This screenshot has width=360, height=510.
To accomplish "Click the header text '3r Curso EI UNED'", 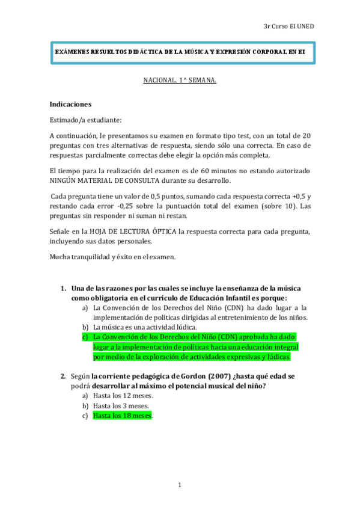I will tap(288, 26).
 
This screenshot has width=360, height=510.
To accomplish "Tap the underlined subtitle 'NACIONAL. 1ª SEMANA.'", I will tap(179, 79).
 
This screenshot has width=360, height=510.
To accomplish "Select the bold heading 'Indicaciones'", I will tap(70, 103).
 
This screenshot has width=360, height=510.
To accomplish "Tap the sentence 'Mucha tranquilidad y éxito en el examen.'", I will tap(112, 257).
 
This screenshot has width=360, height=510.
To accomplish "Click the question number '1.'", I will tap(63, 288).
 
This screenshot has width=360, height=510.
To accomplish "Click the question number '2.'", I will tap(63, 376).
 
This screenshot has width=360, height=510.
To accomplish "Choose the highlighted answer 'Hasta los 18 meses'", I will tap(122, 416).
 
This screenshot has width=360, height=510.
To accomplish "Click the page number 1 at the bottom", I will tap(179, 485).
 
